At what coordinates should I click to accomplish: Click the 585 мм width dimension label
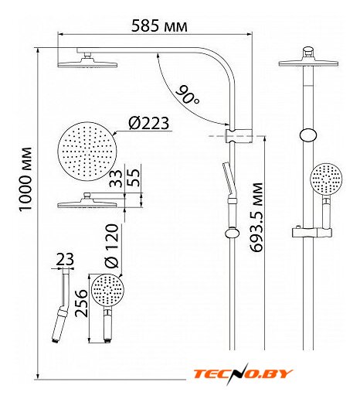click(159, 26)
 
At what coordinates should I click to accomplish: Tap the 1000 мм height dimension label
click(25, 179)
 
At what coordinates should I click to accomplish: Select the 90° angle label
click(188, 95)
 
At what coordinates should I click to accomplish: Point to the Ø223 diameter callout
click(149, 123)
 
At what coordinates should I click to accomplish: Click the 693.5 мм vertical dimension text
click(256, 217)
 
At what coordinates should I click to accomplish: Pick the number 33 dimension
click(116, 178)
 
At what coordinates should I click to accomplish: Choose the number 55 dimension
click(134, 177)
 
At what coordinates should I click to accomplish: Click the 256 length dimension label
click(81, 303)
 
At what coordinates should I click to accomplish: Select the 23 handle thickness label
click(65, 259)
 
